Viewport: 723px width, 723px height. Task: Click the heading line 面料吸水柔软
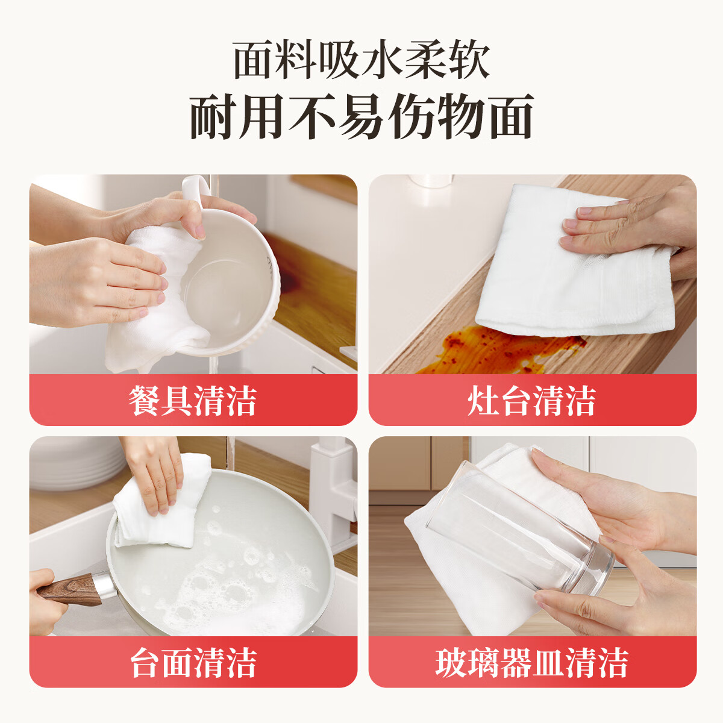(x=361, y=60)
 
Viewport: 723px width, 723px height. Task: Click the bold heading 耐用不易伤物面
(x=361, y=117)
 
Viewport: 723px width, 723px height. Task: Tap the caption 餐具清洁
(x=193, y=401)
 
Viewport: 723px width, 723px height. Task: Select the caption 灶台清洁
(x=532, y=401)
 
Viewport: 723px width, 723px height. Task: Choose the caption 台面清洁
(x=193, y=663)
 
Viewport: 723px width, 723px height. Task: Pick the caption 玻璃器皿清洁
(x=532, y=663)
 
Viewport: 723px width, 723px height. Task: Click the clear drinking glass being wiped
(x=518, y=530)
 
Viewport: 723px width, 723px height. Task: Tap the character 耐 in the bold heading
(x=212, y=117)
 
